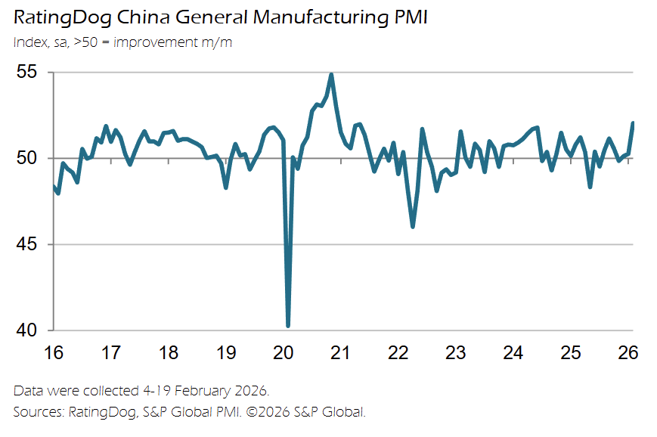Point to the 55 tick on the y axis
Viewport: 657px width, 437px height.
click(27, 73)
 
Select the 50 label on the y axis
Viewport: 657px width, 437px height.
click(27, 159)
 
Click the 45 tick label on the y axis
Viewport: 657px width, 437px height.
click(27, 245)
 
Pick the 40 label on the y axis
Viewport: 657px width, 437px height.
click(27, 331)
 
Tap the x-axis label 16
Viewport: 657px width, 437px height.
click(54, 353)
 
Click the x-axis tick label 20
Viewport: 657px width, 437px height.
click(284, 353)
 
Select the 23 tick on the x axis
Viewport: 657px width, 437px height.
click(456, 353)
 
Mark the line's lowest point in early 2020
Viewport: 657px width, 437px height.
click(288, 326)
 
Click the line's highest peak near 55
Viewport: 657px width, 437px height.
click(331, 74)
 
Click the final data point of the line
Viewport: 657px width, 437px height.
click(633, 123)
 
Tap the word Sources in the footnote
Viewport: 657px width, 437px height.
click(36, 412)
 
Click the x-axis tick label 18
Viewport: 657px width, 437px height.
click(169, 353)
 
